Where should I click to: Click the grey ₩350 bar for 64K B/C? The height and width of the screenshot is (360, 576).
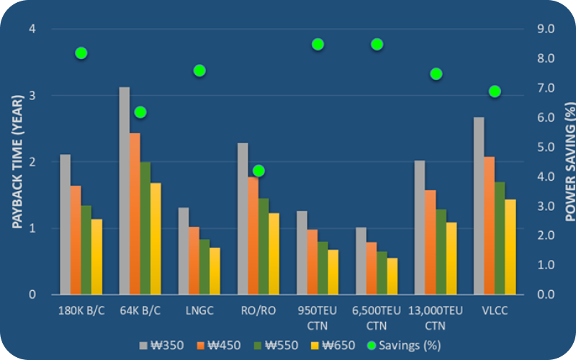click(x=125, y=191)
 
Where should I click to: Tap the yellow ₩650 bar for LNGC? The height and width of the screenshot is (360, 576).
click(x=215, y=271)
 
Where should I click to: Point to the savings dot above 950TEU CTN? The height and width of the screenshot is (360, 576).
click(x=318, y=45)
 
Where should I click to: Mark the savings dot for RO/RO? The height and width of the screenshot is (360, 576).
click(x=258, y=171)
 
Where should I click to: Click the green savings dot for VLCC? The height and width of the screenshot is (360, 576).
click(x=495, y=91)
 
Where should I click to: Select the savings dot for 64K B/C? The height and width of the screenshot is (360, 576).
click(x=140, y=112)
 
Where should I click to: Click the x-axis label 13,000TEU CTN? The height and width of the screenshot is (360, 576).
click(x=436, y=318)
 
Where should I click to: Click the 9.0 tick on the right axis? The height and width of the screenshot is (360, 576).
click(x=546, y=30)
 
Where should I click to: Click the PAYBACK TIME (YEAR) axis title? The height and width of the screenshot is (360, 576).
click(x=16, y=162)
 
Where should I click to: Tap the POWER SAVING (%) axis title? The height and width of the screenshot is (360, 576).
click(x=568, y=162)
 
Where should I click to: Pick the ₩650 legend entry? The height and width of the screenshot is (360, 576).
click(x=334, y=345)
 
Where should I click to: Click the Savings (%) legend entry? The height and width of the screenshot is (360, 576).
click(x=400, y=345)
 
